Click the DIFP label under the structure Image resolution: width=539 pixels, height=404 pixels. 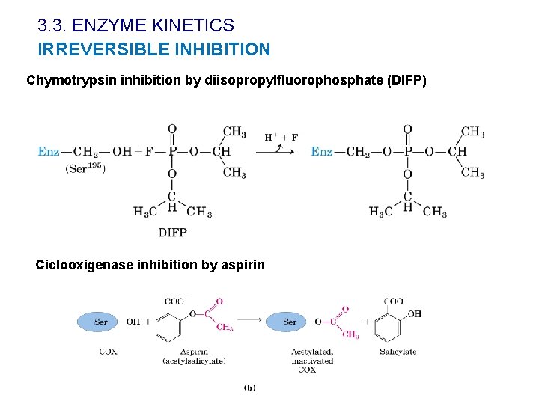[x=172, y=233]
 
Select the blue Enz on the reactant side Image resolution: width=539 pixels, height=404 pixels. [x=48, y=151]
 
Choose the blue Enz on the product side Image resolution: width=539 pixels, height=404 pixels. [x=322, y=151]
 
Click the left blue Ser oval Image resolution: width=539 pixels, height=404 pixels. [x=101, y=322]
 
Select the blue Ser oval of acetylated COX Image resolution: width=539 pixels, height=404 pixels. [x=290, y=322]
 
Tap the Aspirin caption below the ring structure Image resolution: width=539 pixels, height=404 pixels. [x=194, y=351]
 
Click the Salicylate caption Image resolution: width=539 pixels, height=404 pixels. [x=398, y=351]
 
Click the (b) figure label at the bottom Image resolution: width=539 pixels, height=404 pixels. [x=249, y=388]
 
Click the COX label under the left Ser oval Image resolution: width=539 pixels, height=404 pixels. [x=108, y=351]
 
